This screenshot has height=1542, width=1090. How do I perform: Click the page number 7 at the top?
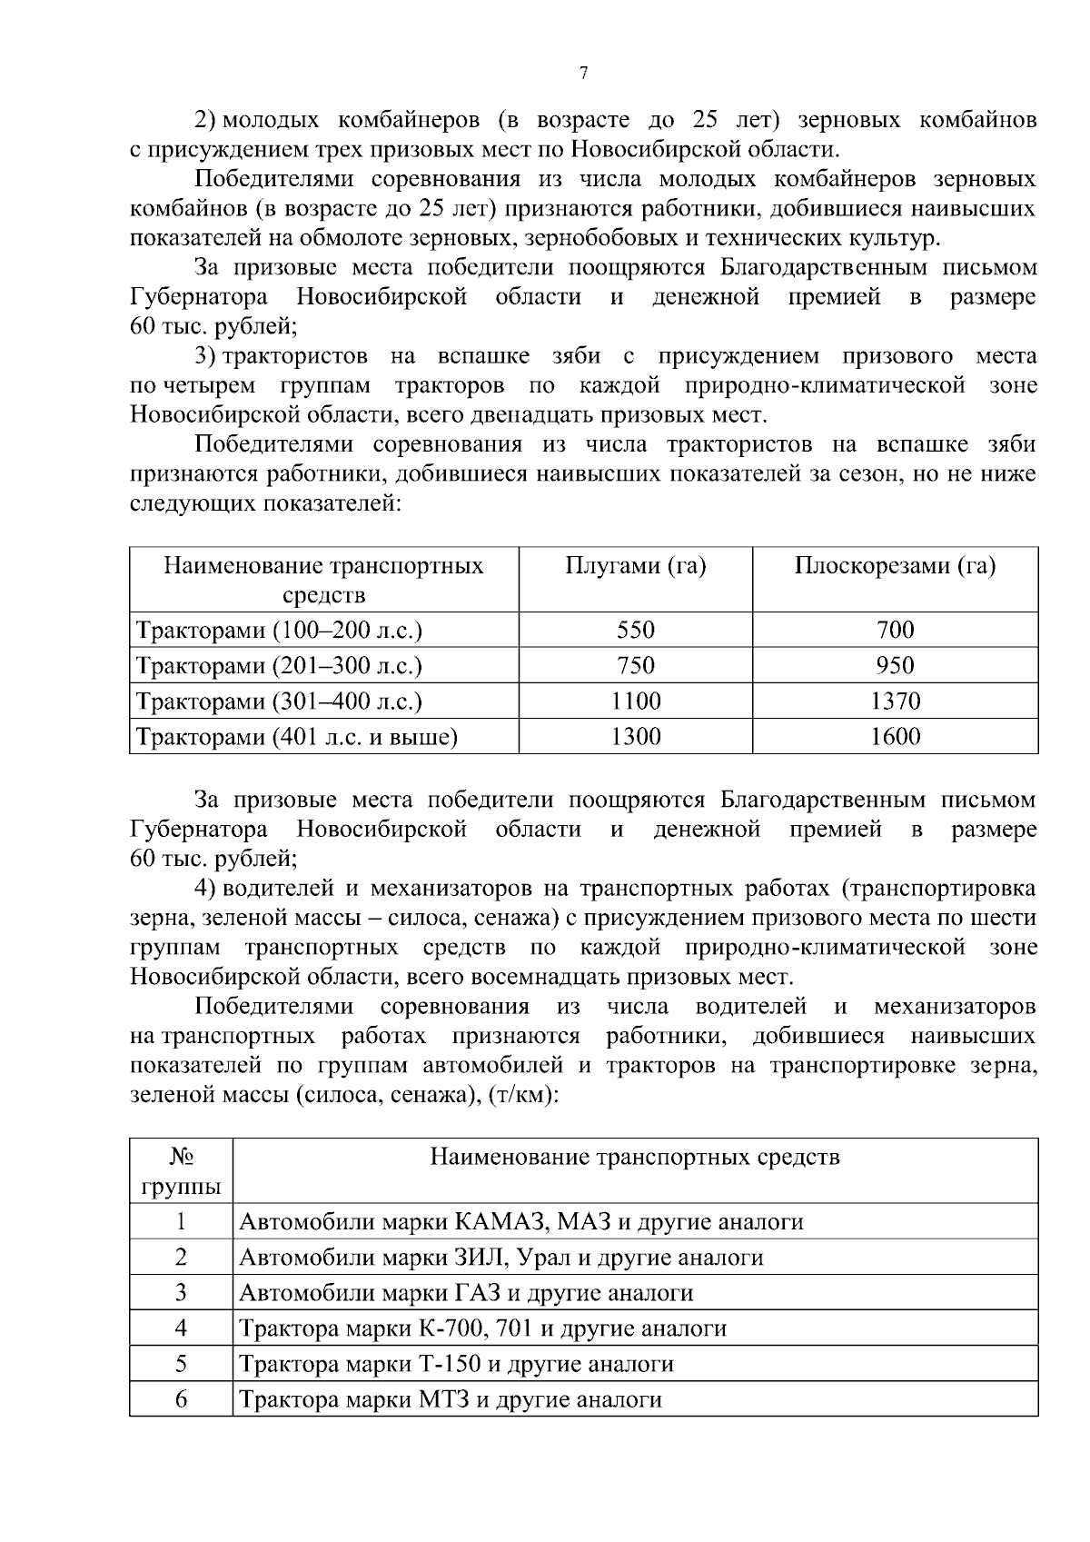[x=583, y=75]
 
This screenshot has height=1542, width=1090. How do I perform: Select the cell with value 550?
[x=635, y=630]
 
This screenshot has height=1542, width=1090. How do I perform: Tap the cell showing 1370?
[x=895, y=701]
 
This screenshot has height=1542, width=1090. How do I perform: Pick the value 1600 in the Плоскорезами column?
[x=895, y=736]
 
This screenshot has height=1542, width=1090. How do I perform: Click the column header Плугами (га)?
[x=635, y=567]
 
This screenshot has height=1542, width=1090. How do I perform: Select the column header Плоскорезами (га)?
[x=895, y=567]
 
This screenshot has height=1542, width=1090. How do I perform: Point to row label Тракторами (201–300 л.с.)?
[x=279, y=666]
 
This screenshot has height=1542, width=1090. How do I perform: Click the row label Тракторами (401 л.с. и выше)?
[x=296, y=737]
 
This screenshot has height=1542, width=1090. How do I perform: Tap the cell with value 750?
[x=635, y=666]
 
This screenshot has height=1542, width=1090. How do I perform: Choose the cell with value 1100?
[x=635, y=701]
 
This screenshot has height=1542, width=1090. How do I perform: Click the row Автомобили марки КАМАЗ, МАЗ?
[x=520, y=1222]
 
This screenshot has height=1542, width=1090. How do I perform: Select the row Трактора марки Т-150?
[x=456, y=1364]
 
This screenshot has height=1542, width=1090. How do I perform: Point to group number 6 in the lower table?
[x=181, y=1399]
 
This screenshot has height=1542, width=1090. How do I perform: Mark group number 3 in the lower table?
[x=181, y=1292]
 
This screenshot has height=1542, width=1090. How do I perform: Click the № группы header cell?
[x=181, y=1171]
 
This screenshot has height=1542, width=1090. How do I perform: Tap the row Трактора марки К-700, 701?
[x=482, y=1328]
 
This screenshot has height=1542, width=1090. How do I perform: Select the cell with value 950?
[x=895, y=666]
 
